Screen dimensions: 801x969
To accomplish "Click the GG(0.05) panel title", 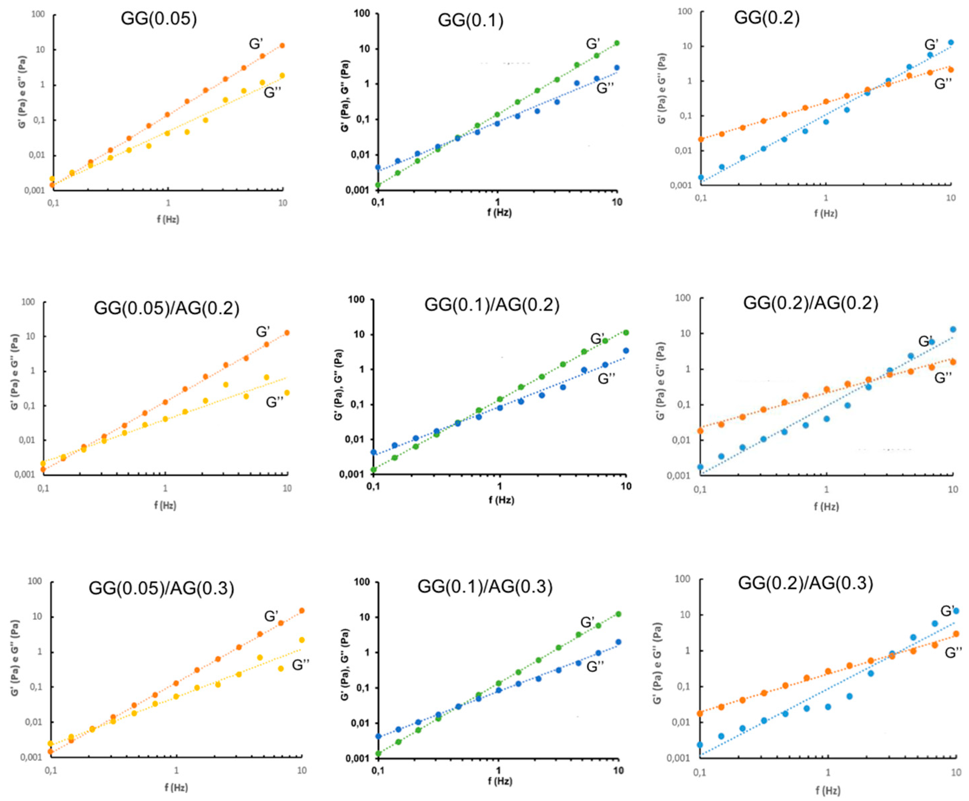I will tap(159, 19).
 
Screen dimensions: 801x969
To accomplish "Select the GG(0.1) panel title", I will tap(470, 21).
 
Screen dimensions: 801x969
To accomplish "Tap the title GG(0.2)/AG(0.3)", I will tap(805, 583).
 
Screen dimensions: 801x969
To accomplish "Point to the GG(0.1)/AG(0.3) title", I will tap(485, 586).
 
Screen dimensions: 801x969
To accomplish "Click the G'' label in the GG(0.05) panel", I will tap(272, 93).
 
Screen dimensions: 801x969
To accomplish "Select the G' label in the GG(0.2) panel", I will tap(931, 45).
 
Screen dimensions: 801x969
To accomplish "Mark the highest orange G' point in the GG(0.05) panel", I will tap(282, 46).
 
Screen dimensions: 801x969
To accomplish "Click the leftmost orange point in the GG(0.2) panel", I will tap(701, 139).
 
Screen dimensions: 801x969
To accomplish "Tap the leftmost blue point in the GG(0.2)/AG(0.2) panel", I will tap(701, 467).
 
